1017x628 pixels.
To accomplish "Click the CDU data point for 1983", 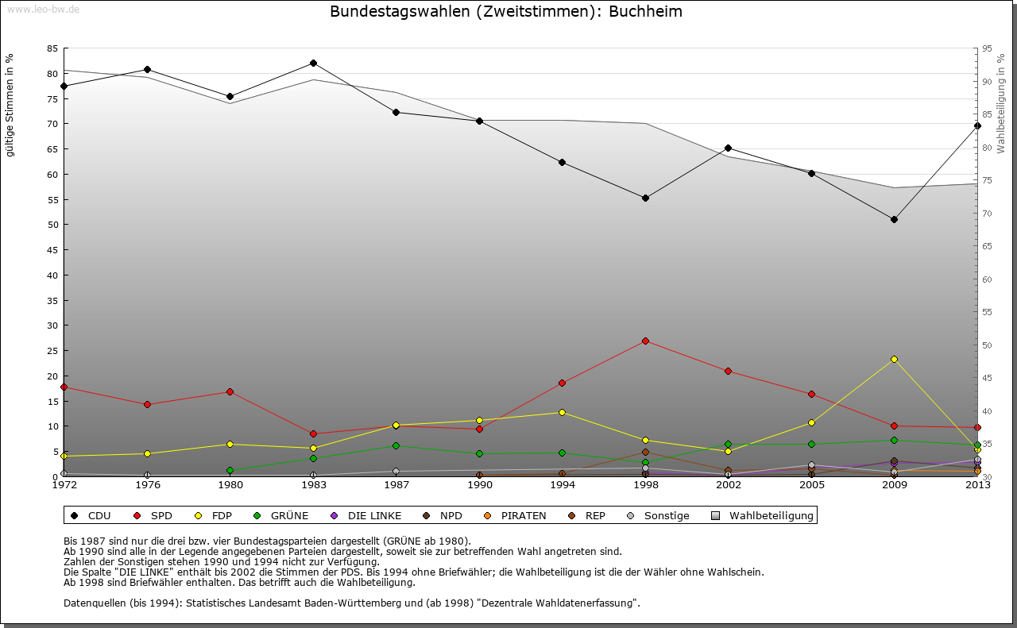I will tap(313, 63).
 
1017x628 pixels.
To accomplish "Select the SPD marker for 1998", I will tap(645, 341).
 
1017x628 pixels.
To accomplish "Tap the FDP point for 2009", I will tap(894, 359).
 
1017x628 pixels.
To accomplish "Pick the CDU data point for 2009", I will tap(894, 219).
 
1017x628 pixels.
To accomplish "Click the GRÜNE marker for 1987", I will tap(396, 445).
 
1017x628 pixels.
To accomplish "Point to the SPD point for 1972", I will tap(64, 387).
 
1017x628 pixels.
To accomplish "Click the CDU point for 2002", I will tap(728, 148).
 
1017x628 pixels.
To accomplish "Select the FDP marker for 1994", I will tap(562, 412).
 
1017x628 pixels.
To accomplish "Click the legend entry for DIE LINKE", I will tap(373, 515).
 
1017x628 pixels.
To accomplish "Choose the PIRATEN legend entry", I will tap(523, 515).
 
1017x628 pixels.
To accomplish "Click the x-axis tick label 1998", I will tap(645, 485).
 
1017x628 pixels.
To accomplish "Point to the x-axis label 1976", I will tap(147, 485).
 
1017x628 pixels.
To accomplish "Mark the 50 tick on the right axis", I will tap(987, 345).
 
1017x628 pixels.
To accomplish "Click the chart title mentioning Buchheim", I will tap(506, 11).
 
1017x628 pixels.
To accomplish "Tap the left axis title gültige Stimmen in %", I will tap(10, 105).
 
